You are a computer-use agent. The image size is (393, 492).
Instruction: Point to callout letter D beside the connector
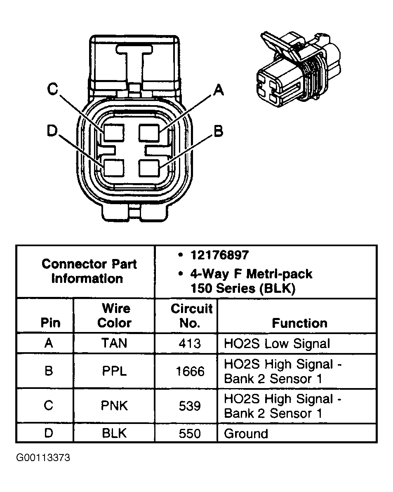(52, 131)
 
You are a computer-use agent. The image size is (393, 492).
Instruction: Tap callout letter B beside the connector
(218, 131)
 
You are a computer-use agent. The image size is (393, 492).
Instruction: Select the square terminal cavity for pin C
(113, 133)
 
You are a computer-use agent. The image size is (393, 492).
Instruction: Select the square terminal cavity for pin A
(149, 133)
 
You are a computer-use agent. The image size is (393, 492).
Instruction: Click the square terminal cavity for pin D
(113, 168)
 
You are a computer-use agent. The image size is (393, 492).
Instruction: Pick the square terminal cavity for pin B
(149, 168)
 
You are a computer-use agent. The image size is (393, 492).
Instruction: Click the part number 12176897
(219, 255)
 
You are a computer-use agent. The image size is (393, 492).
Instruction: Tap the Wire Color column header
(114, 315)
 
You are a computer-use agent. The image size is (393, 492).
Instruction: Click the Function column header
(299, 323)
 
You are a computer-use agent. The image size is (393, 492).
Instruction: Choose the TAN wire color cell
(114, 343)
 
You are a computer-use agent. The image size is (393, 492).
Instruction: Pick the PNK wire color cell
(114, 406)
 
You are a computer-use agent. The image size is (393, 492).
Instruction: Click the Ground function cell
(246, 433)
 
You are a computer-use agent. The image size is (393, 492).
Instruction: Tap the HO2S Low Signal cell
(277, 343)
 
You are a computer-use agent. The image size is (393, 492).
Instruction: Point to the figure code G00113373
(43, 458)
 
